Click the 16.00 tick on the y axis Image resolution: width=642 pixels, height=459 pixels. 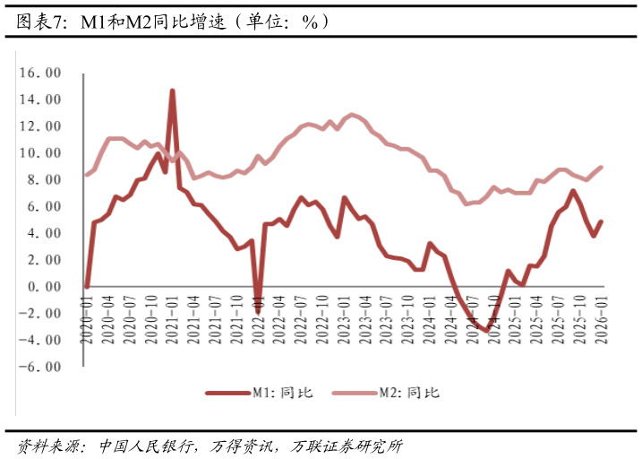tap(41, 73)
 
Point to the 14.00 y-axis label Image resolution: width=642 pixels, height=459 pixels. tap(41, 100)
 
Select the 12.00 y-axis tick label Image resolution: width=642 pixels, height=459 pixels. tap(41, 126)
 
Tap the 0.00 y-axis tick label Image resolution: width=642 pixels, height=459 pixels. tap(44, 287)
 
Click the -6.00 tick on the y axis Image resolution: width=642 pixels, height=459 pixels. tap(41, 367)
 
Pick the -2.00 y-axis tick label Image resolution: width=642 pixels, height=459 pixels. tap(41, 314)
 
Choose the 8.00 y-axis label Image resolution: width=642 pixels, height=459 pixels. tap(44, 180)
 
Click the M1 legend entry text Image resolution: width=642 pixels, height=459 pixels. tap(282, 393)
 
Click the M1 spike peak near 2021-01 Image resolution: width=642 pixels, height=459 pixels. tap(172, 91)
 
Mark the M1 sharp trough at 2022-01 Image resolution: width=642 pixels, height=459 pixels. tap(257, 311)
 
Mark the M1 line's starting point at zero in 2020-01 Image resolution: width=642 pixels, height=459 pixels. tap(87, 287)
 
